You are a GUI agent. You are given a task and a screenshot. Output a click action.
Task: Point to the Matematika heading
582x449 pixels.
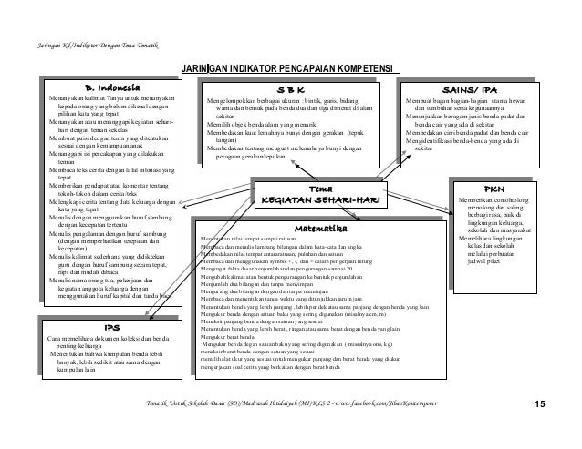point(319,228)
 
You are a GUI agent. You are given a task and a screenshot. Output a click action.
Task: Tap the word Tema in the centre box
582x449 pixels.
point(320,188)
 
